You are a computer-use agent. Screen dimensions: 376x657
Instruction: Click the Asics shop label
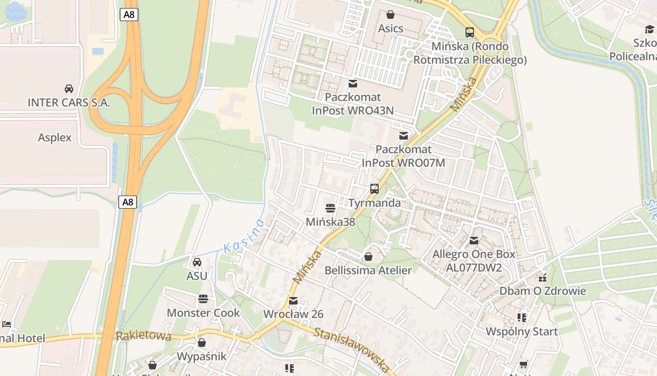[390, 28]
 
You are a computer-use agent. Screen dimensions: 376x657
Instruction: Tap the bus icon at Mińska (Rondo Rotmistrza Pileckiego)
[469, 32]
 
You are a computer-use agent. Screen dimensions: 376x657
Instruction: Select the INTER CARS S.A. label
[69, 102]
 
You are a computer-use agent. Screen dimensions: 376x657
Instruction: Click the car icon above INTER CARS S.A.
[69, 88]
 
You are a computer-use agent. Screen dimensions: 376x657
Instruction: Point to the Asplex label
[55, 137]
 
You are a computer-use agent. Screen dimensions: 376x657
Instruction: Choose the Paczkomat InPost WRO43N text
[353, 103]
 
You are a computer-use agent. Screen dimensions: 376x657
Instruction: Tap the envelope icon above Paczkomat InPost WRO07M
[403, 136]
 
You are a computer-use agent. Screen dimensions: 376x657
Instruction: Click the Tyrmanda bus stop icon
[374, 189]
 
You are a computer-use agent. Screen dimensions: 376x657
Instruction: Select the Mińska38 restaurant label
[330, 221]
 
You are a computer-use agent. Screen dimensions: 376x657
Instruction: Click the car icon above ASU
[197, 262]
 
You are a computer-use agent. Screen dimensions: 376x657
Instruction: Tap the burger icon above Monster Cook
[203, 299]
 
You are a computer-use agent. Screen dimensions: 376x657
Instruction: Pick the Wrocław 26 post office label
[293, 314]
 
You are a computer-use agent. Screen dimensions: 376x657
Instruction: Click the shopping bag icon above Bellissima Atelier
[368, 257]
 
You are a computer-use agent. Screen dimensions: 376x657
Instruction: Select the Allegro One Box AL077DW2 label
[474, 261]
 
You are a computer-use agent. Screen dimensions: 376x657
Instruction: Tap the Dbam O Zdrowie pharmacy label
[542, 291]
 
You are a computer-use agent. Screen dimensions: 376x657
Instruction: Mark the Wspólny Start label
[521, 331]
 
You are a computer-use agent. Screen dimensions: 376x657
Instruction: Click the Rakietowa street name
[144, 336]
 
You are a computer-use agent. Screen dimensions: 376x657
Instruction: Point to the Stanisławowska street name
[352, 349]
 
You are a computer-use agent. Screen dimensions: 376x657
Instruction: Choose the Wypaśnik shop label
[201, 356]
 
